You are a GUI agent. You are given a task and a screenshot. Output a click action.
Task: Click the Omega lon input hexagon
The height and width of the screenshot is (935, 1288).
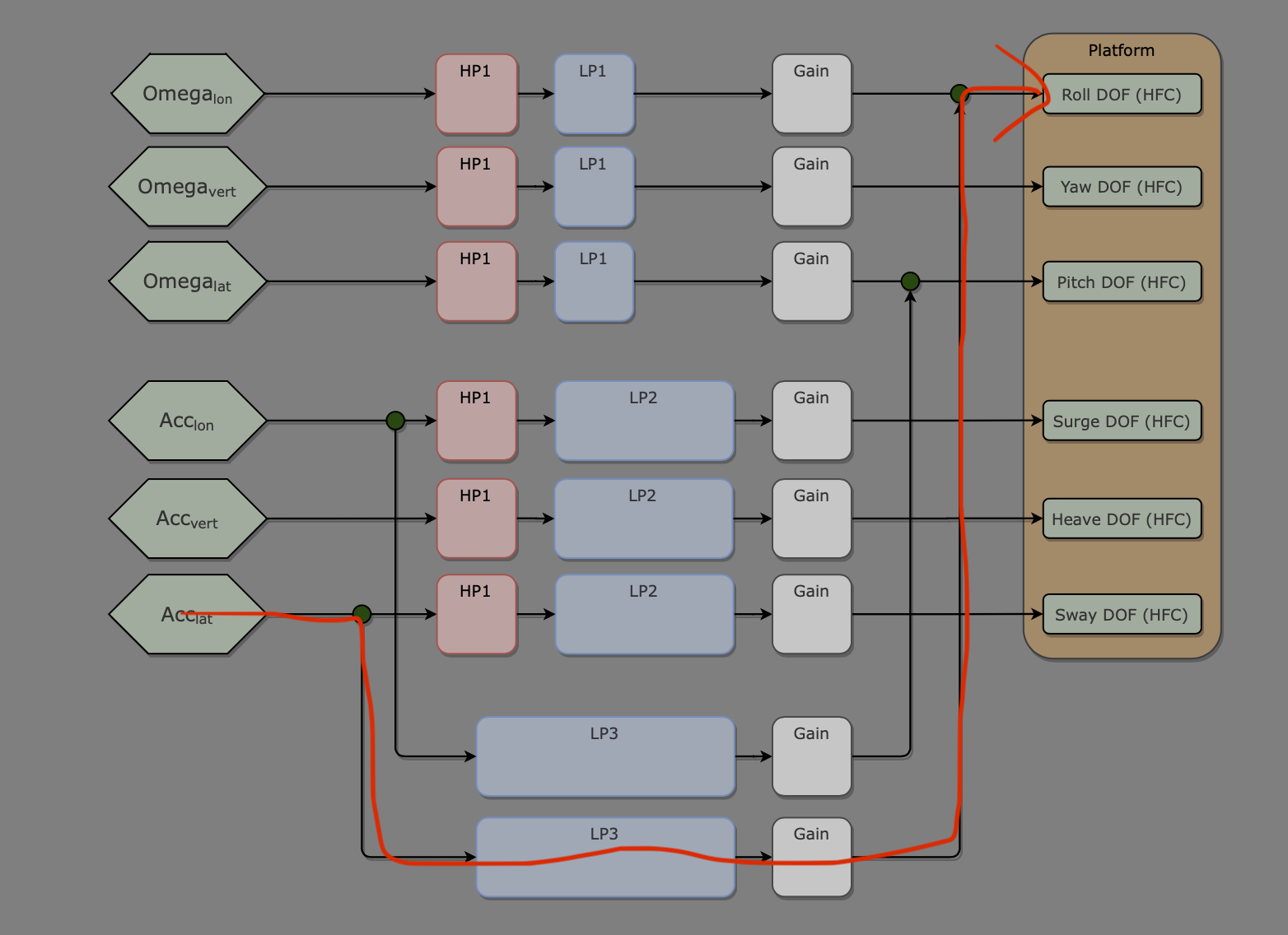pyautogui.click(x=188, y=94)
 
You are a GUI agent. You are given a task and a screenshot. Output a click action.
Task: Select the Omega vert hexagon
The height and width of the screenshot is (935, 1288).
pyautogui.click(x=188, y=187)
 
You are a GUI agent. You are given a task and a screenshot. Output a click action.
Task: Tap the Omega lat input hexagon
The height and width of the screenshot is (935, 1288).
pyautogui.click(x=188, y=281)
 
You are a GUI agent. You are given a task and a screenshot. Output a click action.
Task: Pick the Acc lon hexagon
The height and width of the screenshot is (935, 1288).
pyautogui.click(x=188, y=421)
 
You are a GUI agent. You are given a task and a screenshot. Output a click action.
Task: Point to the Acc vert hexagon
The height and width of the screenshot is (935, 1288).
pyautogui.click(x=188, y=519)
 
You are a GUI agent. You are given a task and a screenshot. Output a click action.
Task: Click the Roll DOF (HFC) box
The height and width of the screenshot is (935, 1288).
pyautogui.click(x=1122, y=95)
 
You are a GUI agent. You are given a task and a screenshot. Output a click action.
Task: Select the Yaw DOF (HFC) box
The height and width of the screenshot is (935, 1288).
pyautogui.click(x=1122, y=187)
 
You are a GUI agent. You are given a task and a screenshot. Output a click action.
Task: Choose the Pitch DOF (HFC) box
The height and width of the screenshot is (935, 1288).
pyautogui.click(x=1122, y=282)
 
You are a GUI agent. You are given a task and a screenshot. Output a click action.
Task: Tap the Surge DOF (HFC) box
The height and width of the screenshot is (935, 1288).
pyautogui.click(x=1122, y=421)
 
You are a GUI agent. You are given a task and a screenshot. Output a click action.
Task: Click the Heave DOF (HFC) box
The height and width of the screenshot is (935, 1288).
pyautogui.click(x=1122, y=519)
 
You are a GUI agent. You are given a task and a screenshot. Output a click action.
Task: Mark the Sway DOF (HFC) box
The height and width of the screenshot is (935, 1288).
pyautogui.click(x=1122, y=615)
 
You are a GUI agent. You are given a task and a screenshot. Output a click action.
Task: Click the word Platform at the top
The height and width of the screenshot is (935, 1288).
pyautogui.click(x=1121, y=50)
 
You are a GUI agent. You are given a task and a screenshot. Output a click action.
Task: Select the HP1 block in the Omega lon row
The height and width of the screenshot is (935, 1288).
pyautogui.click(x=477, y=94)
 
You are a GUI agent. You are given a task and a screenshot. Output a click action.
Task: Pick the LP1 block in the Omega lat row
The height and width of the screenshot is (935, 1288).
pyautogui.click(x=594, y=281)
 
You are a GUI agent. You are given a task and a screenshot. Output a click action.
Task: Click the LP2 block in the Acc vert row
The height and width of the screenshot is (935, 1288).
pyautogui.click(x=644, y=519)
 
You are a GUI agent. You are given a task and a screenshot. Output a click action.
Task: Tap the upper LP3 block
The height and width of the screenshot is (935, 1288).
pyautogui.click(x=605, y=756)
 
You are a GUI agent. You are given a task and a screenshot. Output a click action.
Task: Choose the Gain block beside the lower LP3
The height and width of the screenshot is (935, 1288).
pyautogui.click(x=811, y=857)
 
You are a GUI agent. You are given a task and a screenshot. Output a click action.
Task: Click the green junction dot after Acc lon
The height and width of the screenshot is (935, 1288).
pyautogui.click(x=395, y=421)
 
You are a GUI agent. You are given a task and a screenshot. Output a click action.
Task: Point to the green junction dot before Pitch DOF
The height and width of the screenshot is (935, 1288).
pyautogui.click(x=910, y=281)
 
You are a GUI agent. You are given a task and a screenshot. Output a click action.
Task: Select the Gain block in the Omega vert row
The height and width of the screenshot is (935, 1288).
pyautogui.click(x=811, y=187)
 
